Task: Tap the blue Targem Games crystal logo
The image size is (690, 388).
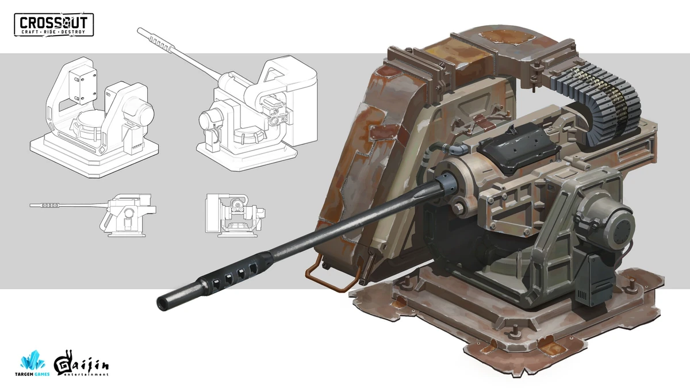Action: pos(33,363)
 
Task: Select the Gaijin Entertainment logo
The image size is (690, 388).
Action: pos(80,366)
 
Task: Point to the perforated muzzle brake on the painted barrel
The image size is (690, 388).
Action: pos(230,273)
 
